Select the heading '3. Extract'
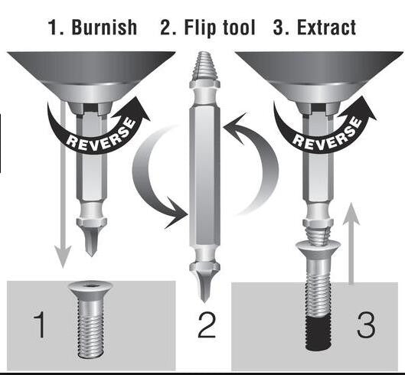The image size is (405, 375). coord(315,28)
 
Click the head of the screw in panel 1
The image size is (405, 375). coord(91,289)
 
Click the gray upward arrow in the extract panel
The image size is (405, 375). coord(351,245)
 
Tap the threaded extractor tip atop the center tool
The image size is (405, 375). coord(204,73)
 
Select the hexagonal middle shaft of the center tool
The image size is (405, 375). coord(204,176)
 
